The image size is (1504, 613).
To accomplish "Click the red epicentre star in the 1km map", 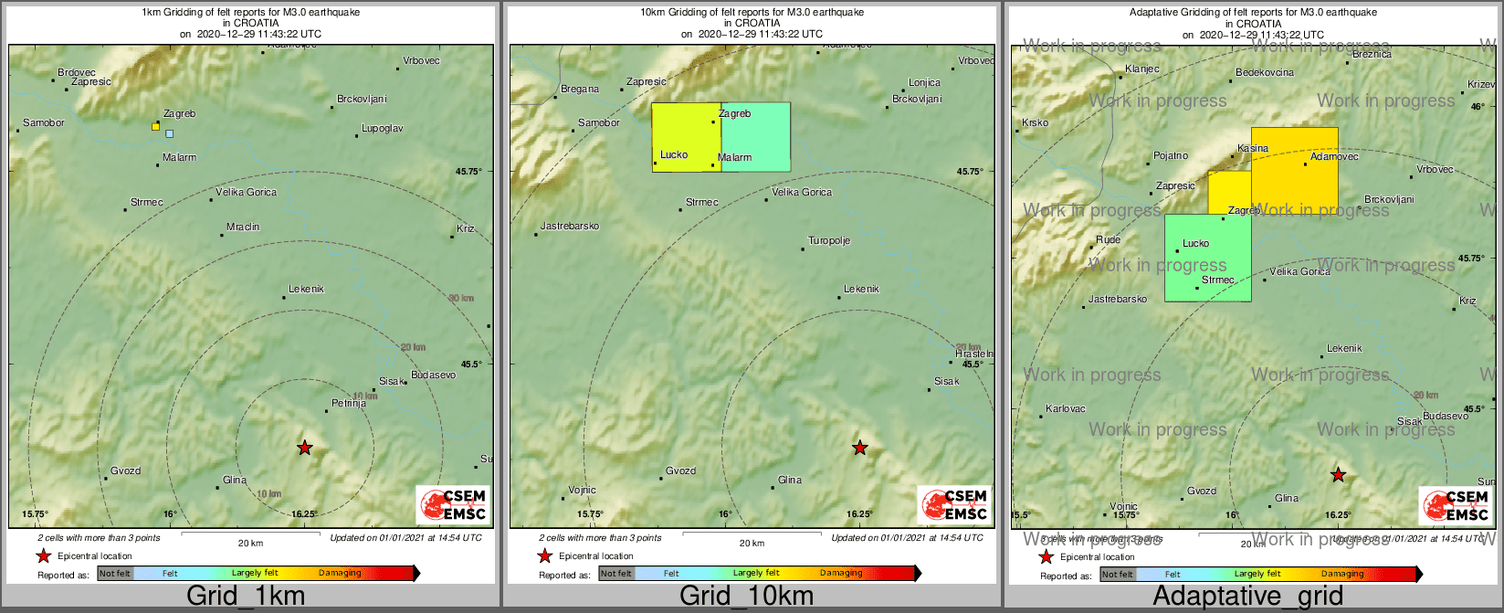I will point(304,448).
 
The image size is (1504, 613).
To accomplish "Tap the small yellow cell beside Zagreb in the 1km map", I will point(156,126).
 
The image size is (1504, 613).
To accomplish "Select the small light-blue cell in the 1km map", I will point(170,133).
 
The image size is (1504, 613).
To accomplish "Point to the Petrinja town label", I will point(349,403).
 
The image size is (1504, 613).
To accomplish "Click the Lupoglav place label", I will point(382,129).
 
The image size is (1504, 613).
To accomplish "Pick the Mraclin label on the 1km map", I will point(243,227).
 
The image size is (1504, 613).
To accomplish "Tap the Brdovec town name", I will point(77,72).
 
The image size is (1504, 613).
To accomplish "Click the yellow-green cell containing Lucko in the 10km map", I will point(686,137).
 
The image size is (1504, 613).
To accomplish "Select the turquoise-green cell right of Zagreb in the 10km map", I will point(756,137).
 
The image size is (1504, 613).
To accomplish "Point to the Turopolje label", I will point(829,241).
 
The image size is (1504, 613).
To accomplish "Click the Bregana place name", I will point(580,89).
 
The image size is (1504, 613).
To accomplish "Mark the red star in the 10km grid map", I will point(859,448).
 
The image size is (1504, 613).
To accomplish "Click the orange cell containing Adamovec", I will point(1294,169).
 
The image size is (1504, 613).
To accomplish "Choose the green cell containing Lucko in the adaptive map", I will point(1207,258).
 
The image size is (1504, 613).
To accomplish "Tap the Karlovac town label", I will point(1066,408).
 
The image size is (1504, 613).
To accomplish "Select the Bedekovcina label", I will point(1265,72).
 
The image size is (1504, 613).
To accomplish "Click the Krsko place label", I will point(1036,122).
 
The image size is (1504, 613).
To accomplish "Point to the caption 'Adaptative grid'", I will point(1247,597).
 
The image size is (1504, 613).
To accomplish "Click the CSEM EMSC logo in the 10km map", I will point(954,504).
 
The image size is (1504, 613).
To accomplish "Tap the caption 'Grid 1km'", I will point(246,597).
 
